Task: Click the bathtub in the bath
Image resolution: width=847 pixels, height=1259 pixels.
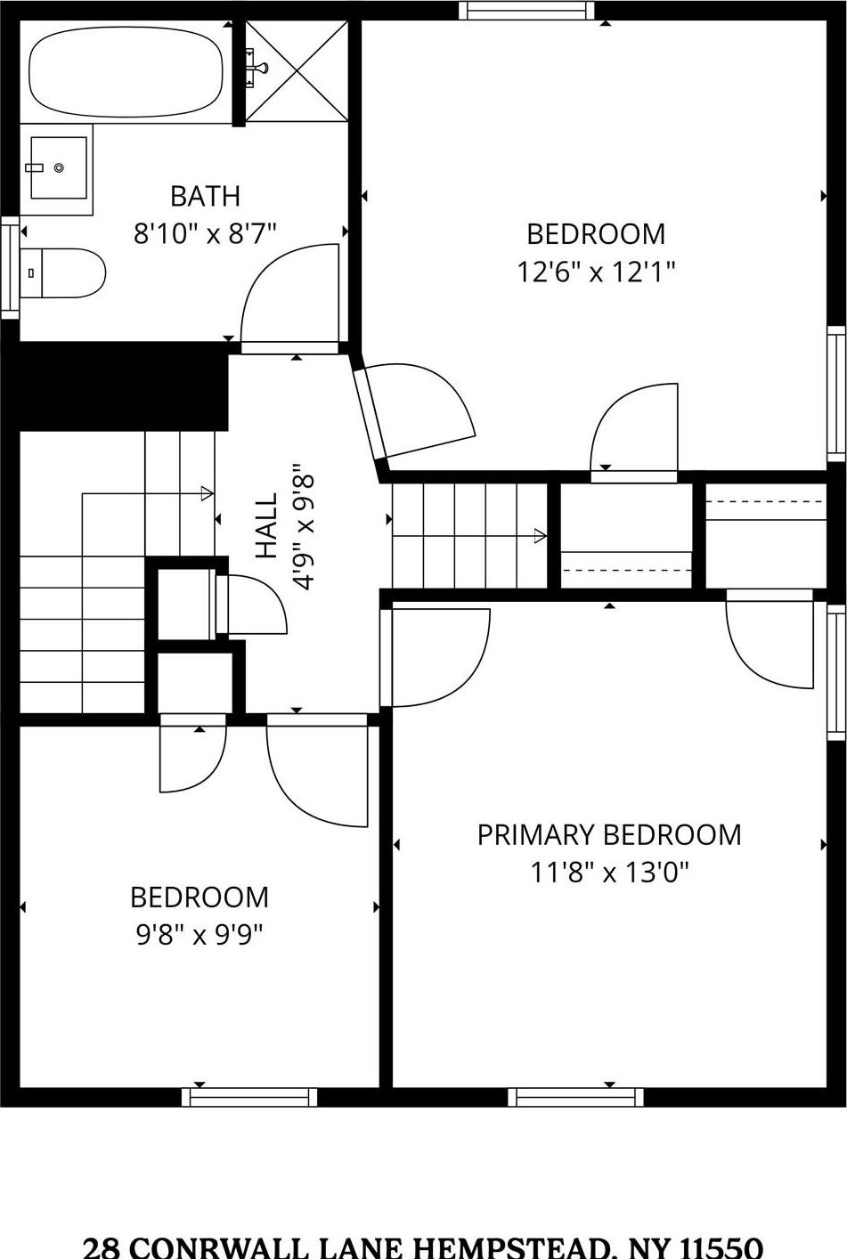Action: tap(126, 71)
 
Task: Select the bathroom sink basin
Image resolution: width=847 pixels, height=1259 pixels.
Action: tap(58, 167)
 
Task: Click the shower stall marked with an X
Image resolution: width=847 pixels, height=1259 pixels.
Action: tap(297, 71)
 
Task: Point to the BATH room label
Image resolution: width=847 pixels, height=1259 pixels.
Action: tap(205, 196)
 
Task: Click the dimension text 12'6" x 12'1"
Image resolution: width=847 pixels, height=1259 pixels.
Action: tap(596, 272)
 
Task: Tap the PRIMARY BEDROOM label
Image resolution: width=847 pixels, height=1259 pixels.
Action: tap(609, 835)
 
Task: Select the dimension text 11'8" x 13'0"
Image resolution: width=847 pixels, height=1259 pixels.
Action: tap(609, 872)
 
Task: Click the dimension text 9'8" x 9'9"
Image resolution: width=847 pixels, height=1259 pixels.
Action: tap(200, 935)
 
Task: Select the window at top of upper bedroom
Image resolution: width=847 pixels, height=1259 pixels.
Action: tap(526, 11)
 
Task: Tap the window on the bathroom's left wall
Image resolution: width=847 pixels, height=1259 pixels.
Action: tap(10, 266)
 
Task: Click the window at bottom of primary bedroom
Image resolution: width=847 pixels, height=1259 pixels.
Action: tap(575, 1097)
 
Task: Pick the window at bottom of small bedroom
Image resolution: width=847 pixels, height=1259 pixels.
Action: tap(249, 1097)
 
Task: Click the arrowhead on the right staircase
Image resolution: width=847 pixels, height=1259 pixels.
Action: tap(540, 536)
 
